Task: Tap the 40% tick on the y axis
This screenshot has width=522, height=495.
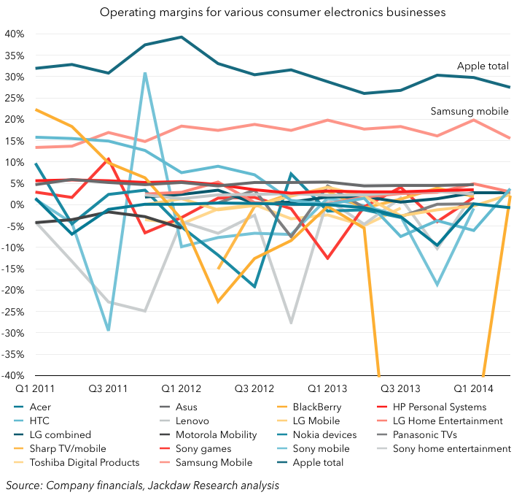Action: click(x=15, y=34)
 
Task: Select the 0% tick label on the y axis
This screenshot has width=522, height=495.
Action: click(x=18, y=205)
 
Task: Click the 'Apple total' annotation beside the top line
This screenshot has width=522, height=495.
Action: click(x=483, y=66)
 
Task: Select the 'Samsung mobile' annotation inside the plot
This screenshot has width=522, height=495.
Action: click(x=470, y=111)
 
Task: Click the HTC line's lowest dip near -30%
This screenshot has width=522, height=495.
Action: click(x=109, y=330)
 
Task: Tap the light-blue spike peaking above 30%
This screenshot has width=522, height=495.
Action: click(x=145, y=72)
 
